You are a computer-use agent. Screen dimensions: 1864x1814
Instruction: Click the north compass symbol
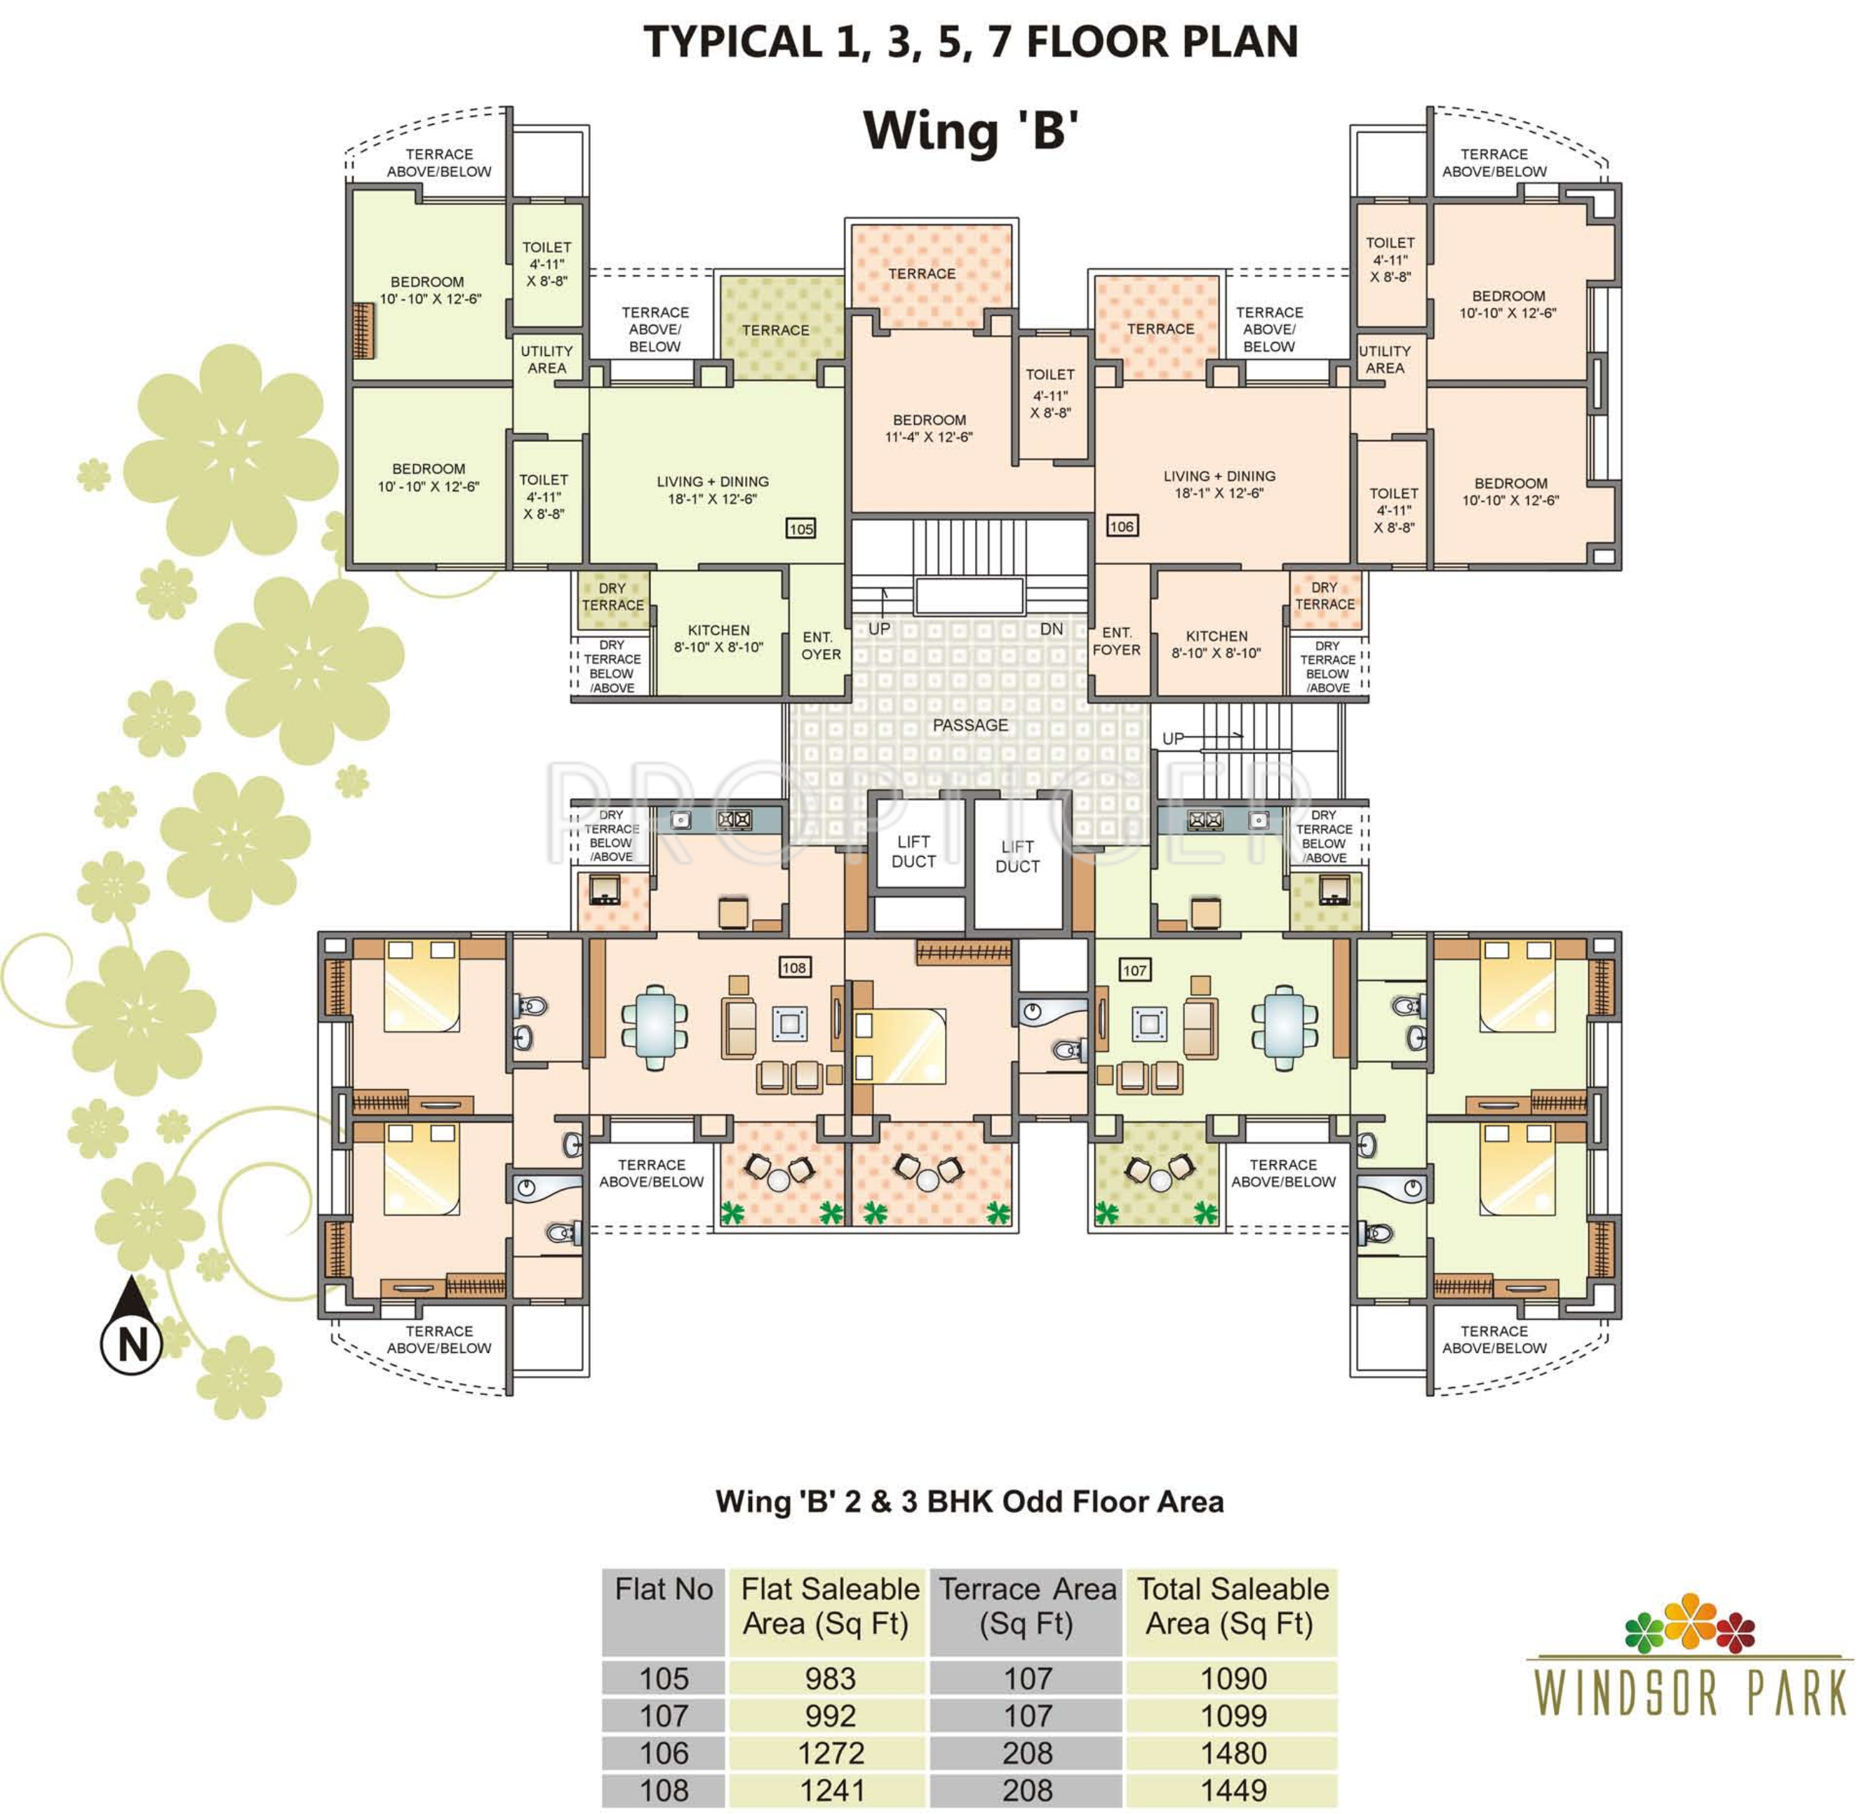[x=131, y=1327]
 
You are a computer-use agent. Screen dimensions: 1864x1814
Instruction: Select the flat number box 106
[x=1122, y=526]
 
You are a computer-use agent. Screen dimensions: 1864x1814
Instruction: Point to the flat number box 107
[x=1134, y=970]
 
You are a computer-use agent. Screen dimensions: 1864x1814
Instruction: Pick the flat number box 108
[x=793, y=967]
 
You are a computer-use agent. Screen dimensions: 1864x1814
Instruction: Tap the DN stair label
[x=1052, y=629]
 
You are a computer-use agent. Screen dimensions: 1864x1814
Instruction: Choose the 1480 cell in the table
[x=1233, y=1752]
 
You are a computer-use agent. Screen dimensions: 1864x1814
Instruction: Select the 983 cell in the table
[x=831, y=1678]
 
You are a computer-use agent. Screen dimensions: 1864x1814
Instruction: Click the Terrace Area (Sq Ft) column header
[x=1027, y=1607]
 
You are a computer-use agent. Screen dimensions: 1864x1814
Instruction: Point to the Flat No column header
[x=664, y=1590]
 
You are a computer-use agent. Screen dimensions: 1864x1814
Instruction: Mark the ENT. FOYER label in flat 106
[x=1116, y=641]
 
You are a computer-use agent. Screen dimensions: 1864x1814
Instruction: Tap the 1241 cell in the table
[x=831, y=1790]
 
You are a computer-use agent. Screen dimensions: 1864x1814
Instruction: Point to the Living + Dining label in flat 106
[x=1219, y=485]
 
